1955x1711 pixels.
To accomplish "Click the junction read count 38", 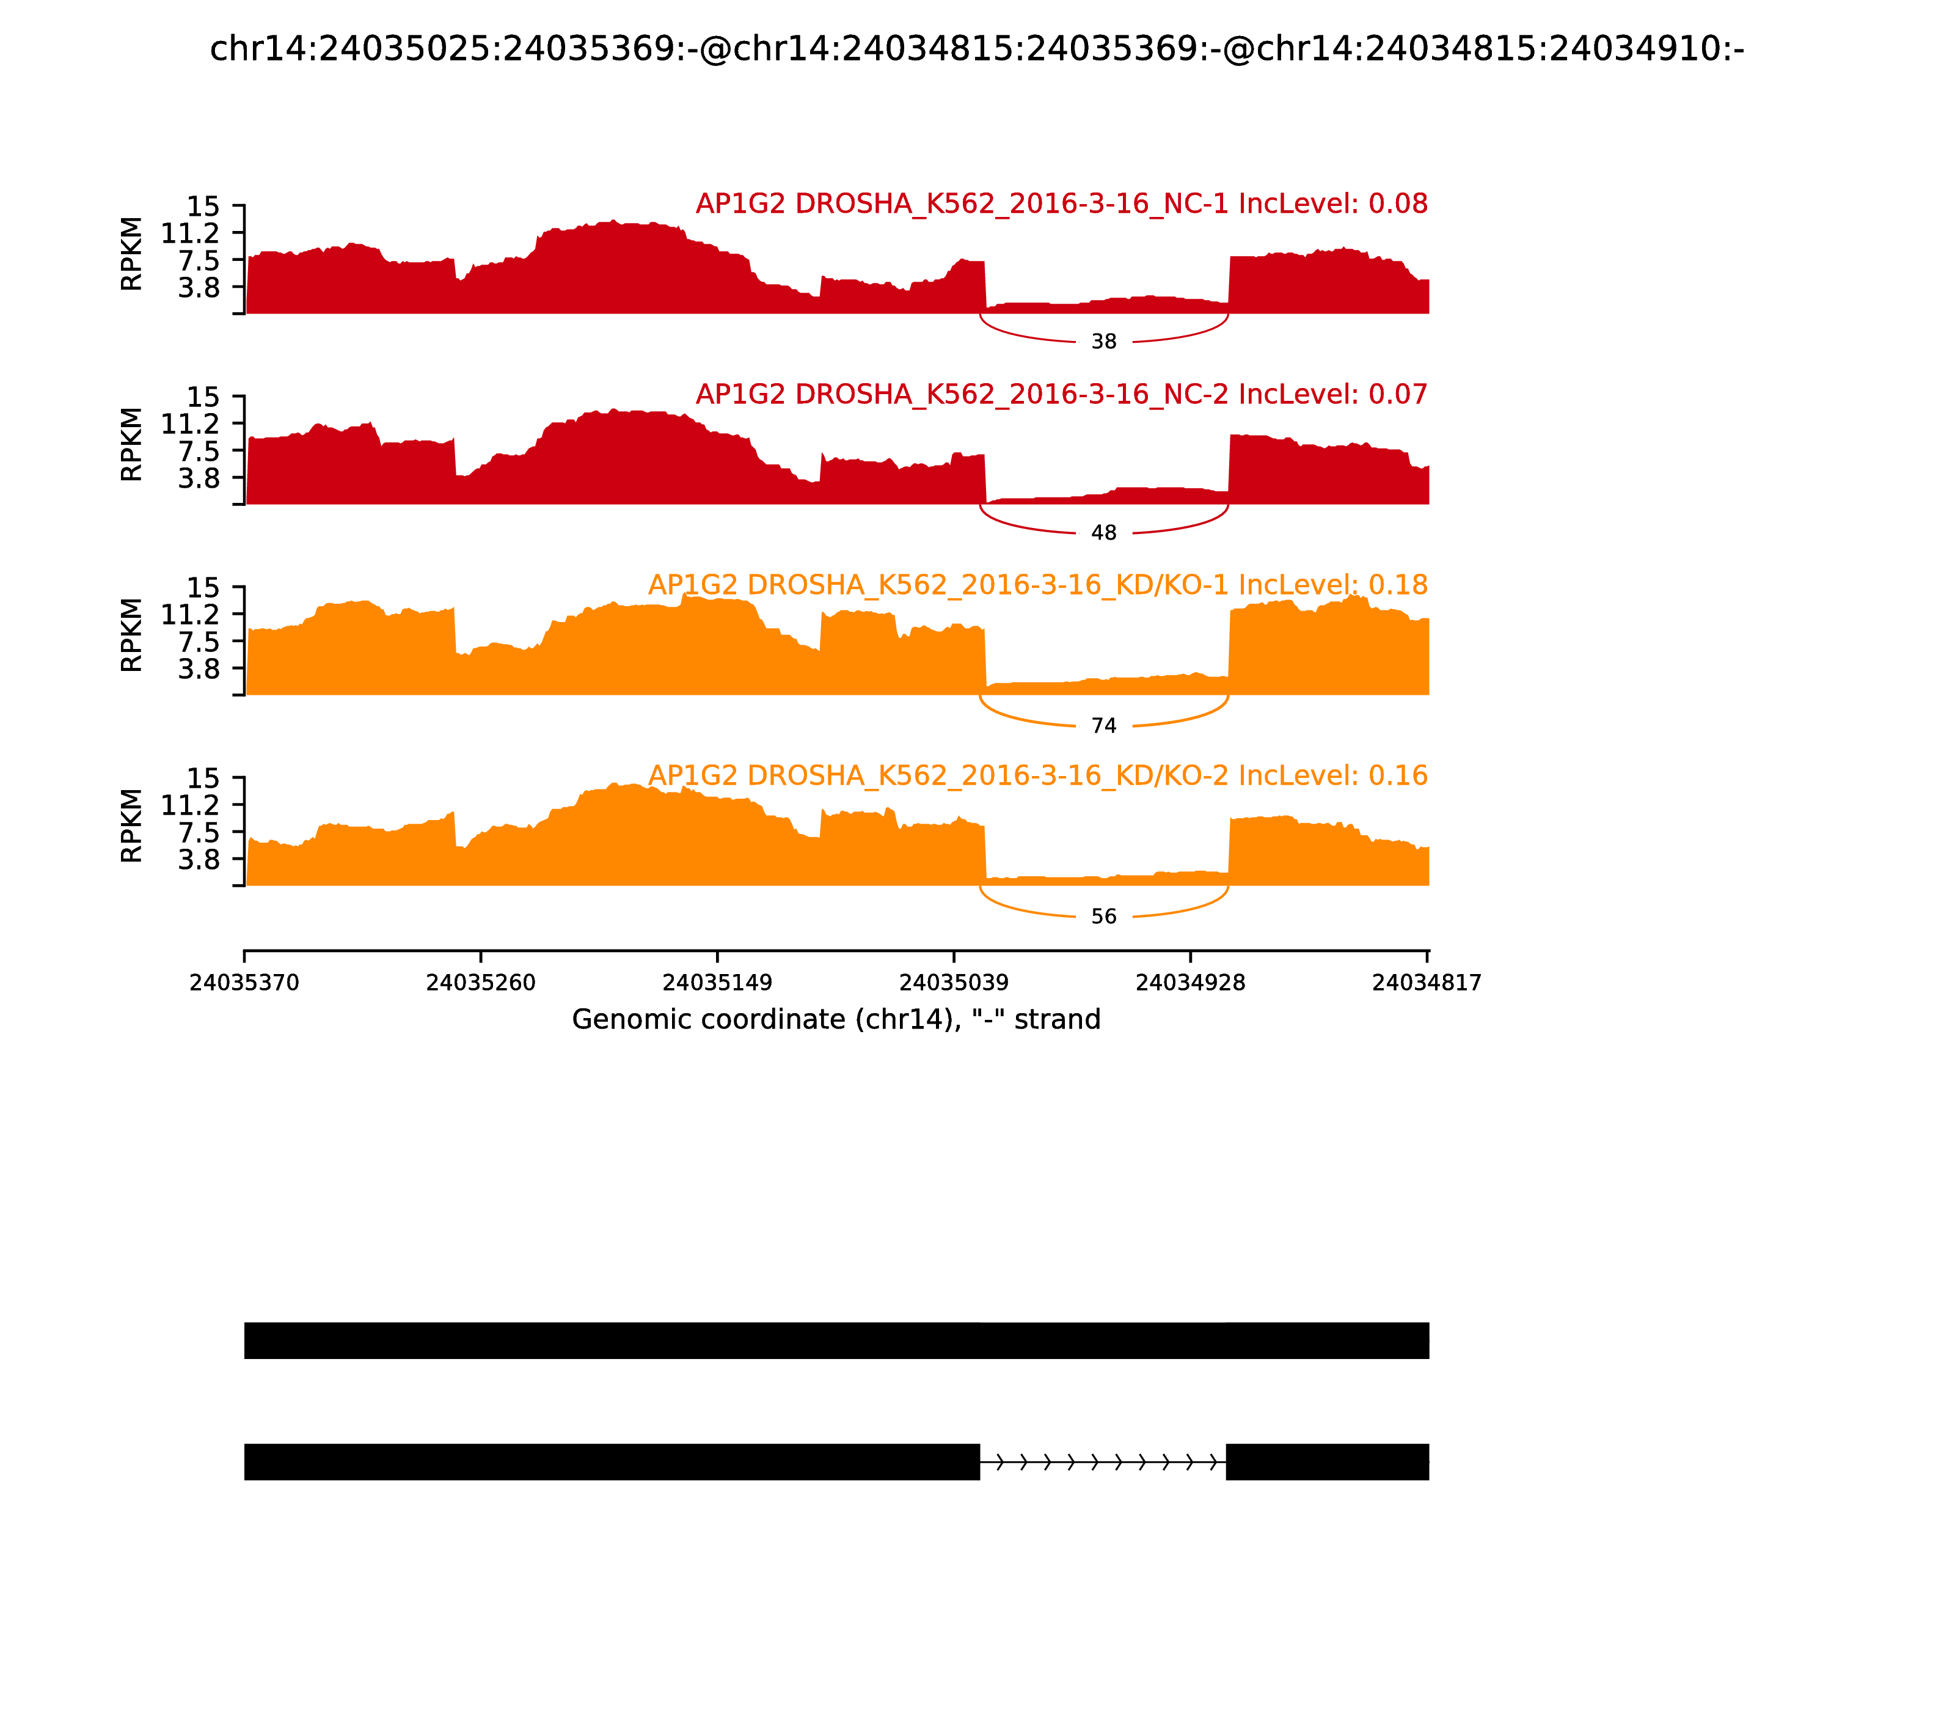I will point(1103,342).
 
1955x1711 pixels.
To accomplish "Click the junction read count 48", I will point(1103,533).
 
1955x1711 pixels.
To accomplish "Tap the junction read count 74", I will point(1103,726).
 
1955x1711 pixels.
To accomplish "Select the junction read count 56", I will point(1103,917).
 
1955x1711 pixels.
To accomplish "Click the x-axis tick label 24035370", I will point(244,983).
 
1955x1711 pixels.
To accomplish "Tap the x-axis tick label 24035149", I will point(717,983).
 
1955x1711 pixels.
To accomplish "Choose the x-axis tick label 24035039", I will point(954,983).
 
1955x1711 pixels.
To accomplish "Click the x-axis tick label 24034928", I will point(1190,983).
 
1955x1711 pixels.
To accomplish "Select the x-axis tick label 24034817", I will point(1426,983).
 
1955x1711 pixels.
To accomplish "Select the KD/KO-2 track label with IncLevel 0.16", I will point(1037,775).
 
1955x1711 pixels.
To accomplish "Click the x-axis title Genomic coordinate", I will point(836,1020).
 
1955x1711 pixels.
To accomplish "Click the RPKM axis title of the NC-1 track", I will point(132,254).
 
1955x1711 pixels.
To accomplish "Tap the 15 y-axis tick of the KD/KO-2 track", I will point(202,778).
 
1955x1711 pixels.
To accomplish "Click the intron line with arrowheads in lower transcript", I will point(1103,1462).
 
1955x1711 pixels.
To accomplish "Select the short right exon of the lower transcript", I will point(1327,1462).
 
